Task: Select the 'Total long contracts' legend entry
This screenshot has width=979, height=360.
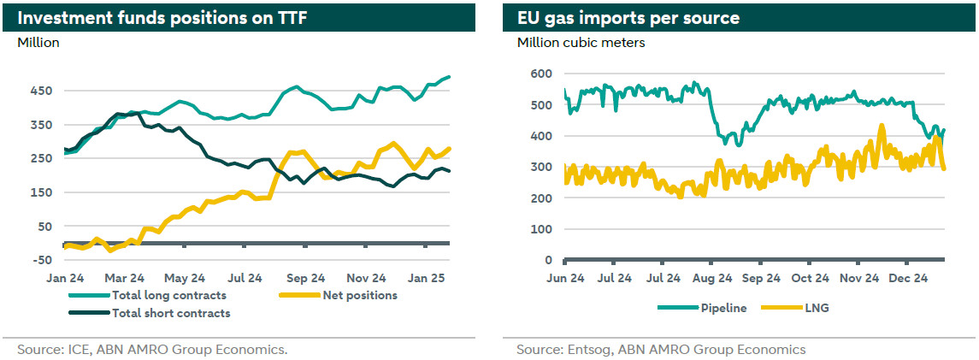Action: tap(168, 296)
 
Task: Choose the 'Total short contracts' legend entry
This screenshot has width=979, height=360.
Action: tap(171, 313)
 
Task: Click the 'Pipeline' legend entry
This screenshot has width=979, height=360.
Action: tap(722, 308)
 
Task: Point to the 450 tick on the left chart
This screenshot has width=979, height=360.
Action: tap(42, 91)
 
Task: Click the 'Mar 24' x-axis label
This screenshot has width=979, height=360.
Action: tap(125, 279)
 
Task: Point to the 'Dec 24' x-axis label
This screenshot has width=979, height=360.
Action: tap(908, 279)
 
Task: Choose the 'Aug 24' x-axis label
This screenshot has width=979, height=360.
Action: tap(712, 279)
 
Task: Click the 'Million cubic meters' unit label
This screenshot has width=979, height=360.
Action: tap(581, 42)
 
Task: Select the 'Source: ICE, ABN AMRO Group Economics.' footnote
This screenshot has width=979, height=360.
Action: tap(152, 350)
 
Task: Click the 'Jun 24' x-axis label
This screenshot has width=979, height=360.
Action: tap(565, 279)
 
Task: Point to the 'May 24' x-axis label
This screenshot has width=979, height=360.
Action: tap(185, 279)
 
